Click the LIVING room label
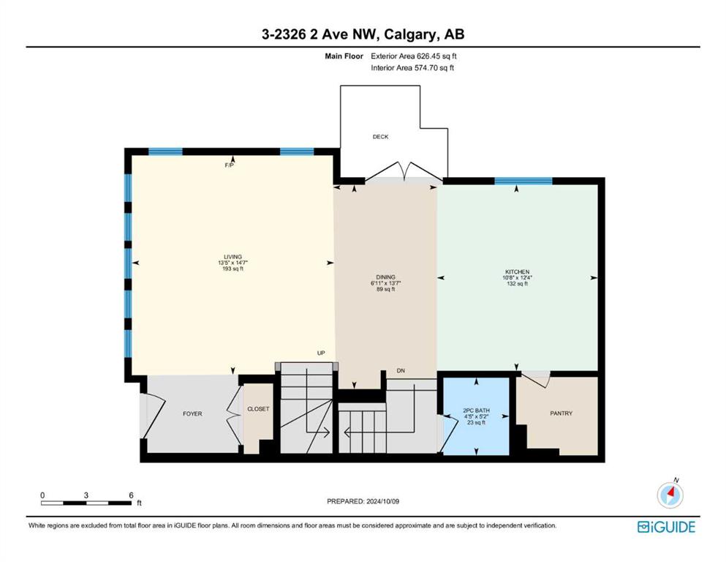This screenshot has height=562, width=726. [x=233, y=257]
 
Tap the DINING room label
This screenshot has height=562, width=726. [x=386, y=277]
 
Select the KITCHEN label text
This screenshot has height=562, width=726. [x=517, y=272]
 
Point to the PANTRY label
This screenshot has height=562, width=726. [x=561, y=413]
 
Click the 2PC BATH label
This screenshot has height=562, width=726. [x=476, y=411]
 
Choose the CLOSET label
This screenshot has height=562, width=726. [x=258, y=409]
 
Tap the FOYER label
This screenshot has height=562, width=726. [x=192, y=413]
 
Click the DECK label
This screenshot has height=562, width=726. [x=381, y=137]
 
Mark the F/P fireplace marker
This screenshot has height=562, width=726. [x=229, y=165]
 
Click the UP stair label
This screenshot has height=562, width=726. [x=321, y=353]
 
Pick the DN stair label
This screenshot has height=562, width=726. [x=401, y=371]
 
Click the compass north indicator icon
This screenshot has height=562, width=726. [x=670, y=494]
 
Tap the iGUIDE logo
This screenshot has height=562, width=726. [x=666, y=528]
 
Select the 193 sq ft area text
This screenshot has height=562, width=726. [x=233, y=269]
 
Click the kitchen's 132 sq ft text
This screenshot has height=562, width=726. [x=517, y=283]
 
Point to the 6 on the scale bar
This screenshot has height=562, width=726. [x=132, y=495]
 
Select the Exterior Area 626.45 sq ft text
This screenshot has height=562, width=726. [x=414, y=56]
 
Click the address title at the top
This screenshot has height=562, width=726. [x=363, y=34]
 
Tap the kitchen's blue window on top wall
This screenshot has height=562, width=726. [x=523, y=181]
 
